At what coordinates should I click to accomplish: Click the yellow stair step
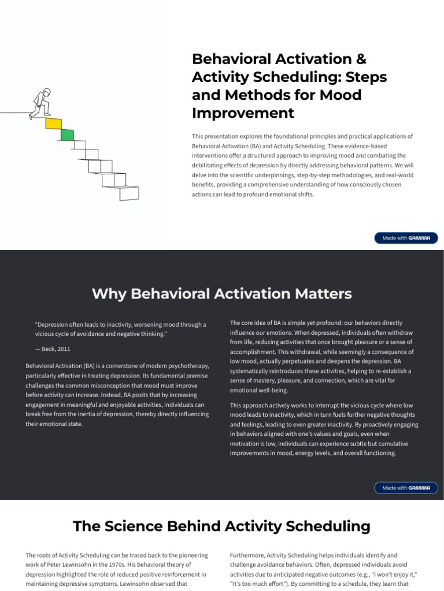pos(53,124)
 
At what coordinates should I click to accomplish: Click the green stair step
pos(67,134)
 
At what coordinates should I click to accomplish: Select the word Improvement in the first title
pos(243,113)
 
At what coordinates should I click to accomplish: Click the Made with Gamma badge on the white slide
pos(406,238)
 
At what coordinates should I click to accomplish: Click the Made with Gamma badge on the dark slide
pos(406,488)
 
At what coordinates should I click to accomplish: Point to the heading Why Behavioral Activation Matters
pos(221,294)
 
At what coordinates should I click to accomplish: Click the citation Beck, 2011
pos(53,349)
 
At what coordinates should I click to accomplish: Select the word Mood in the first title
pos(341,95)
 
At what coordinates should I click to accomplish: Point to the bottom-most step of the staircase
pos(128,193)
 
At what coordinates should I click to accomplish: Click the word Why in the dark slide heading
pos(109,294)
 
